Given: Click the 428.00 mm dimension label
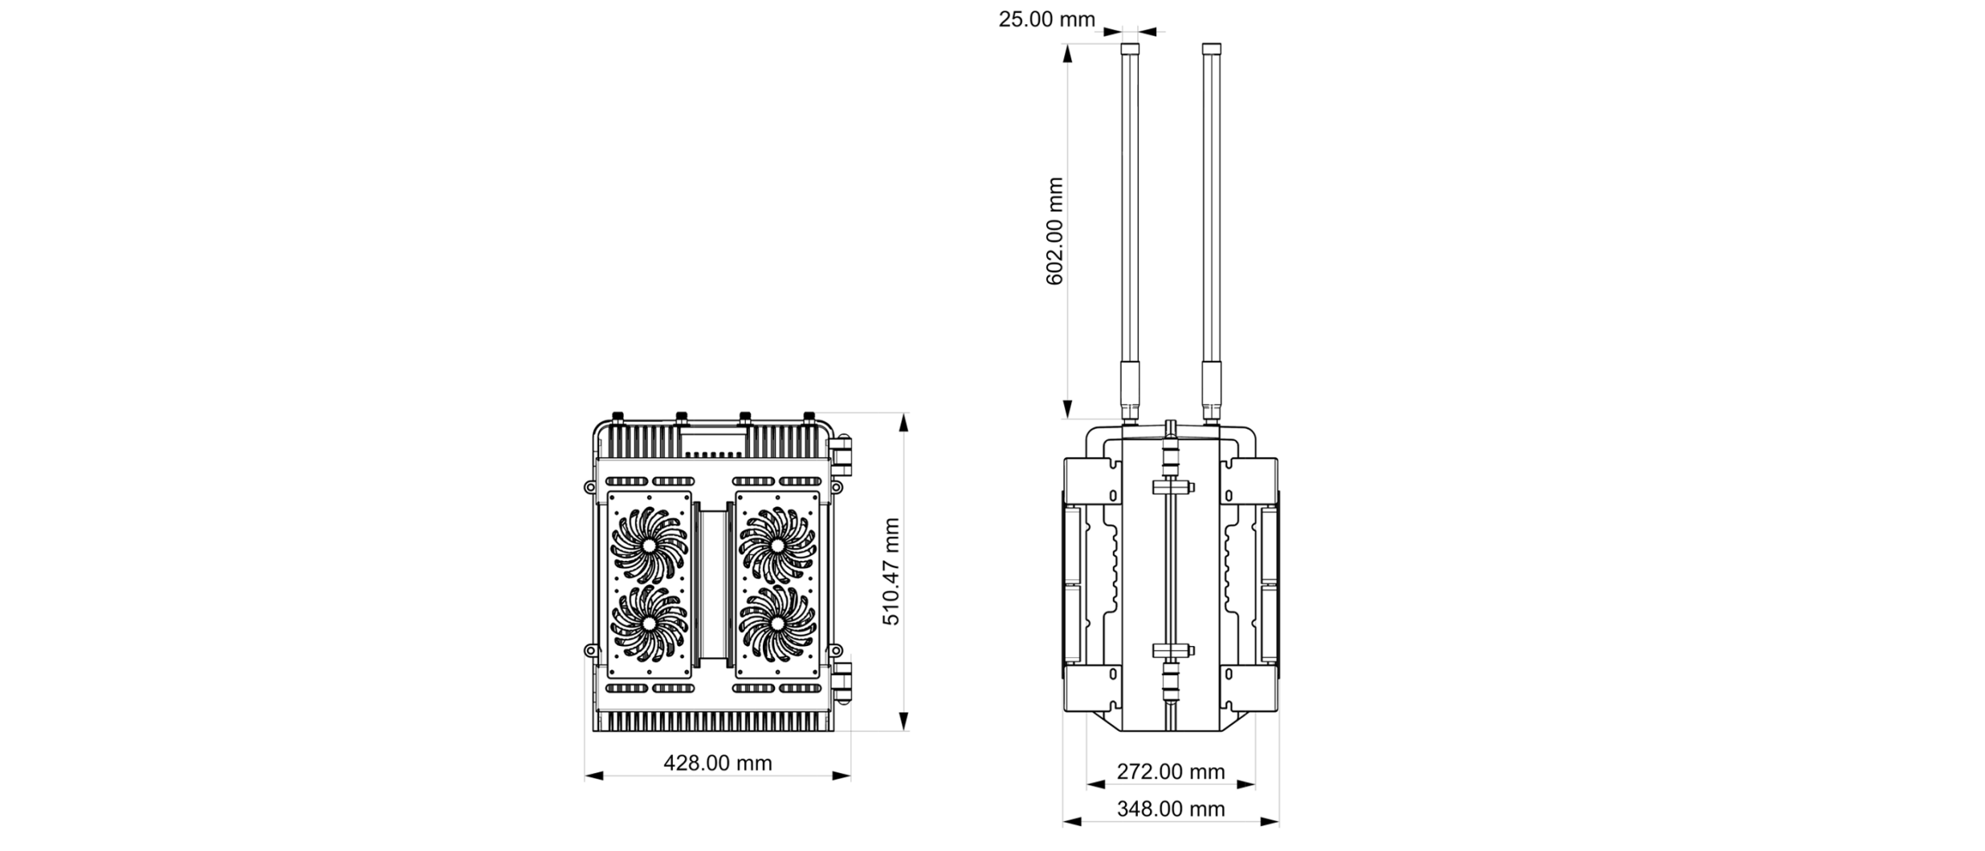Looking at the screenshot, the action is click(717, 763).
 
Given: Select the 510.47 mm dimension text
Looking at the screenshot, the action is click(891, 571).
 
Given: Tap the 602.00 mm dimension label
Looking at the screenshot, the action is click(1054, 231).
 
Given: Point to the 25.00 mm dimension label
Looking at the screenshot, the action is click(1046, 18).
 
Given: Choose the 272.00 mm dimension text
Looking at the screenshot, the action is click(1171, 771).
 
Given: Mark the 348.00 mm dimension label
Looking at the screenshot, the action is click(1171, 809).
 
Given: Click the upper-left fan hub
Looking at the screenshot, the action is click(649, 545).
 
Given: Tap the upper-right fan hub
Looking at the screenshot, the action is click(776, 545).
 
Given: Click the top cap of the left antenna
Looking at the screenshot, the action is click(1130, 49).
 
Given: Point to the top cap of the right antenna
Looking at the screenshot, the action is click(1211, 49).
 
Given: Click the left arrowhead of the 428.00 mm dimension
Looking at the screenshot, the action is click(594, 775).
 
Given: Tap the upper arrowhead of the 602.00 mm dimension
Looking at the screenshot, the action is click(1067, 54).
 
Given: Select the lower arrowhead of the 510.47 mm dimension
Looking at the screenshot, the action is click(904, 721).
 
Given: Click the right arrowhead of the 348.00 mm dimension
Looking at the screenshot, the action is click(1270, 822).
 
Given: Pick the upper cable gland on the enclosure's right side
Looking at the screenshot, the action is click(841, 454).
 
